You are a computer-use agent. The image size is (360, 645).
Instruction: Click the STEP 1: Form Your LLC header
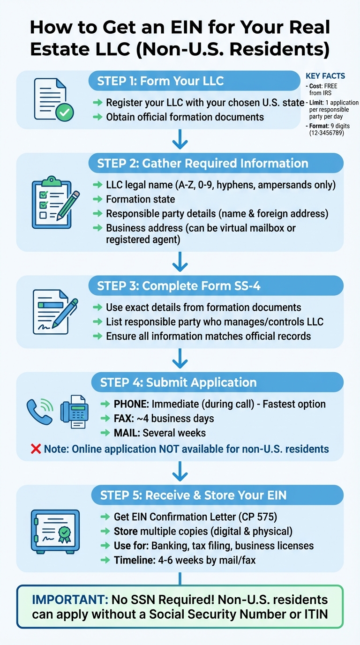(160, 81)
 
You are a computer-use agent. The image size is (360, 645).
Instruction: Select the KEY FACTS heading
(325, 76)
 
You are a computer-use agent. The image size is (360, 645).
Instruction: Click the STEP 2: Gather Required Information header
(202, 163)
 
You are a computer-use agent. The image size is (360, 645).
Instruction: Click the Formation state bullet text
(140, 199)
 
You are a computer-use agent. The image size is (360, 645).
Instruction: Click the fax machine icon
(74, 411)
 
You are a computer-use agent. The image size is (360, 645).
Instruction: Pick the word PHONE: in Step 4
(129, 404)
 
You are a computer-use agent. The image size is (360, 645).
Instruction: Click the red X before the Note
(36, 449)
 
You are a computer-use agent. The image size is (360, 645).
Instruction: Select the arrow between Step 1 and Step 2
(180, 141)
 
